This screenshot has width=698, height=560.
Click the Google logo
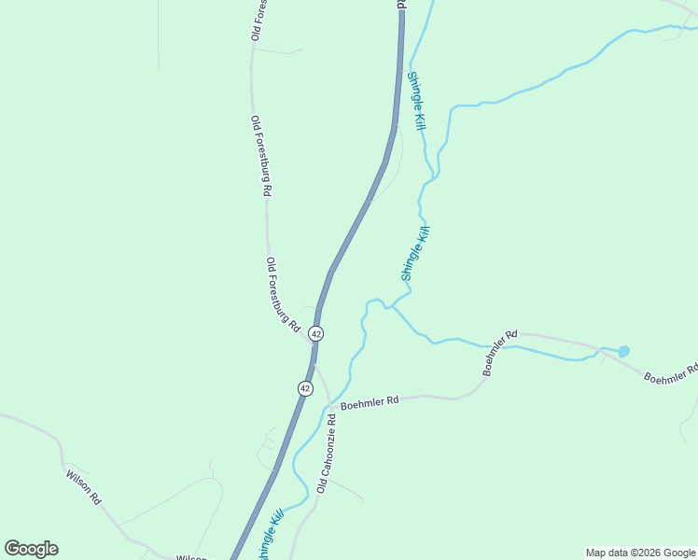coord(31,549)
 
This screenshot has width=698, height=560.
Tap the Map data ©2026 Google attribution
coord(641,553)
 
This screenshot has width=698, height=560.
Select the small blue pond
coord(623,351)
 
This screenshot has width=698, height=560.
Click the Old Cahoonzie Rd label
coord(325,455)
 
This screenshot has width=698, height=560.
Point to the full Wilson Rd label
coord(83,486)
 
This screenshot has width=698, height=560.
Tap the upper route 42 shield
coord(316,333)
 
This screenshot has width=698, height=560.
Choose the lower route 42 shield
coord(305,387)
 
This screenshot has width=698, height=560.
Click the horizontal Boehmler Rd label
coord(370,402)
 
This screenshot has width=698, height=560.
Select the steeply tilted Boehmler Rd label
coord(499,352)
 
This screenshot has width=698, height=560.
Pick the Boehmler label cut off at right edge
coord(670,373)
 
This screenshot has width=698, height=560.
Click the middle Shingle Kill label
coord(414,253)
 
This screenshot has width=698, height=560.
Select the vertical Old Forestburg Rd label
coord(260,155)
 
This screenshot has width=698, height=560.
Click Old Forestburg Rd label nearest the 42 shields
coord(282,295)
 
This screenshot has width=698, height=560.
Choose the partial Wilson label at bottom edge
coord(191,557)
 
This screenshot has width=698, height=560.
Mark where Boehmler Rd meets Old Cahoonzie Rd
coord(329,407)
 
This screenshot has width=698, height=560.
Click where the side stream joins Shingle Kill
coord(389,306)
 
